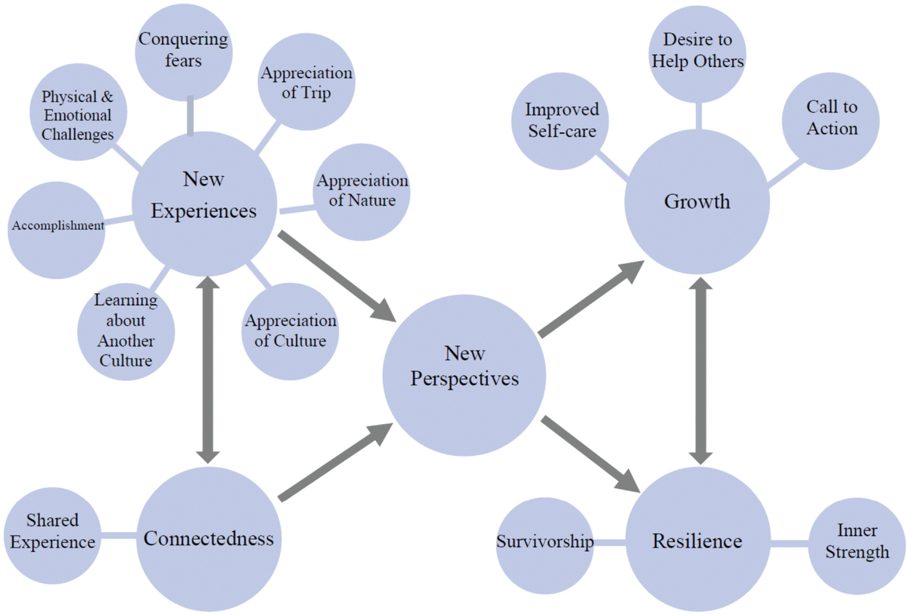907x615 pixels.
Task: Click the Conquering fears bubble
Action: (183, 51)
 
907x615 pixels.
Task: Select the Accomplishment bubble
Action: (56, 230)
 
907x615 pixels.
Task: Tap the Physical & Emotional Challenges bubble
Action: (78, 112)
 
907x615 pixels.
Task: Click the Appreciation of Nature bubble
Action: (362, 192)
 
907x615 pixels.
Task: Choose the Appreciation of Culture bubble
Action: (290, 331)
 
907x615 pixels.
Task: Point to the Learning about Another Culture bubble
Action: (126, 332)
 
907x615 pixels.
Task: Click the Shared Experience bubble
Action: (52, 535)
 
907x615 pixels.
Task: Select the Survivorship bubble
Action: (544, 546)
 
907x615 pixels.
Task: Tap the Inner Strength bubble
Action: (857, 546)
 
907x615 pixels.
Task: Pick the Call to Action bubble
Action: (830, 121)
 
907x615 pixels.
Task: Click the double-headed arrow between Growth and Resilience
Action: (700, 371)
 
